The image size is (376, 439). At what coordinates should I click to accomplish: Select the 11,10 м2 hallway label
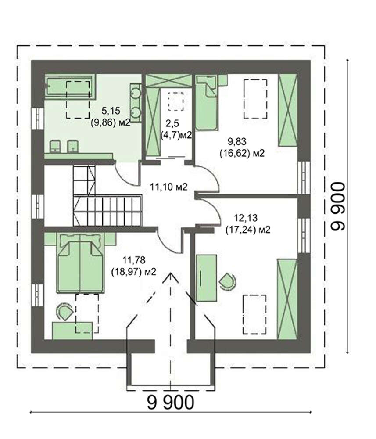[x=169, y=187]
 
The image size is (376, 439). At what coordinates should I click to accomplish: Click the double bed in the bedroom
[x=80, y=263]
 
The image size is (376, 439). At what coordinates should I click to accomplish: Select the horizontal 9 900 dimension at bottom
[x=170, y=403]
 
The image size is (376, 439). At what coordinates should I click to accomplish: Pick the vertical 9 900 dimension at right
[x=338, y=207]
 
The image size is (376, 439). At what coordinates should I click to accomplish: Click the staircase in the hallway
[x=107, y=196]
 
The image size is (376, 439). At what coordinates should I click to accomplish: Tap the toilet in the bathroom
[x=55, y=146]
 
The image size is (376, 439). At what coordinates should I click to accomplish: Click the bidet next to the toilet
[x=73, y=146]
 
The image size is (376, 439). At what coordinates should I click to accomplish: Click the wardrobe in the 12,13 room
[x=287, y=299]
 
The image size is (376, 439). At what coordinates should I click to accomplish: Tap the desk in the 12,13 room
[x=207, y=278]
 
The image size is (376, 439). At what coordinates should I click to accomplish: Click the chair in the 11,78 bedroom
[x=64, y=312]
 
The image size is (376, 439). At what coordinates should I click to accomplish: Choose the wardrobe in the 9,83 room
[x=287, y=110]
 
